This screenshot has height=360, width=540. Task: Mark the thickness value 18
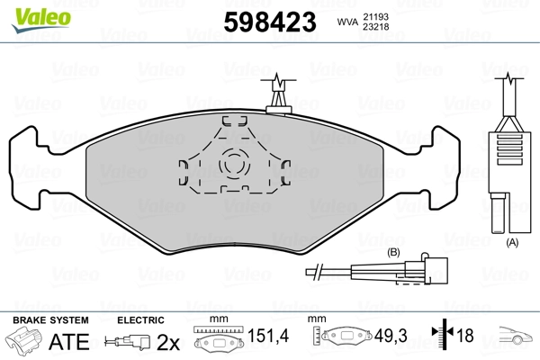click(x=465, y=337)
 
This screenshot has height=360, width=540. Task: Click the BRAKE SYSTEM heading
click(x=50, y=319)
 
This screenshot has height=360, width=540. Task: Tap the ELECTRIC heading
click(x=140, y=319)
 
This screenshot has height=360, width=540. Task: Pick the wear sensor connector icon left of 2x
click(x=125, y=342)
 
